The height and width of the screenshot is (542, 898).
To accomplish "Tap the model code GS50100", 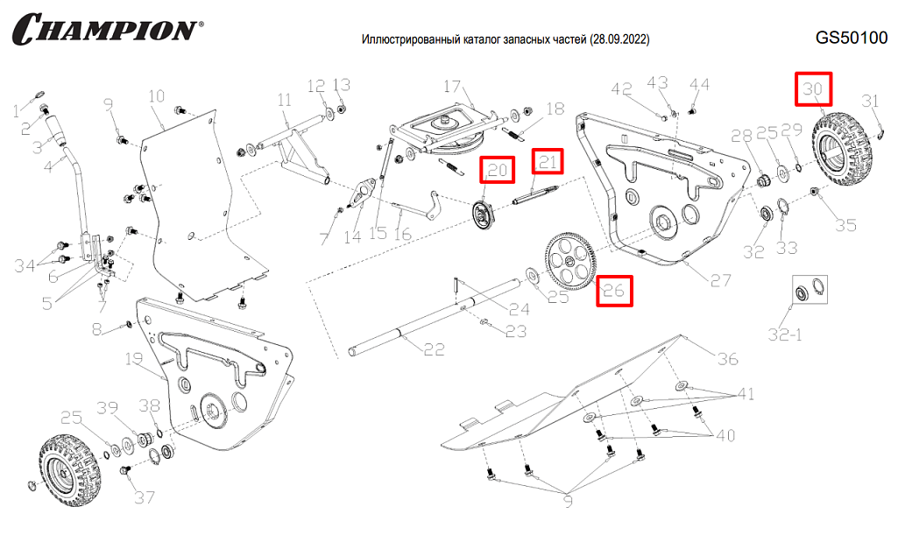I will tap(851, 39).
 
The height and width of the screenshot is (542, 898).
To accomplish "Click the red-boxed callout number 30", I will tap(814, 89).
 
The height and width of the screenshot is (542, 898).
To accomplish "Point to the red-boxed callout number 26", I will tap(614, 291).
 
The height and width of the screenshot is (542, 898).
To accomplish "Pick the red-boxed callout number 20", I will tap(498, 170).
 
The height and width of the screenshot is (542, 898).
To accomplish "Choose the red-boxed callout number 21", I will tap(548, 162).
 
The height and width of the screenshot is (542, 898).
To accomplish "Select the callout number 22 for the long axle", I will tap(435, 349).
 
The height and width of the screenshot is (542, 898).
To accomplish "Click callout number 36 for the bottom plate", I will tap(727, 359).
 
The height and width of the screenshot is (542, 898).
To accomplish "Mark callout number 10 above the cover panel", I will tap(156, 95).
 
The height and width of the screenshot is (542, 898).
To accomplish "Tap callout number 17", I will tap(451, 87).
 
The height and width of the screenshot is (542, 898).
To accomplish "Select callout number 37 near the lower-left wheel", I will tap(144, 497).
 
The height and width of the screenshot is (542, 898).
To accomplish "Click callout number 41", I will tap(745, 394).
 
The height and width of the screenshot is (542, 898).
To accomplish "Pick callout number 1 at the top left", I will tap(15, 109).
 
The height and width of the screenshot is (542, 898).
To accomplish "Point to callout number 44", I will tap(699, 84).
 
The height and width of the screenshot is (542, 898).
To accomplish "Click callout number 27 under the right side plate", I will tap(720, 280).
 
